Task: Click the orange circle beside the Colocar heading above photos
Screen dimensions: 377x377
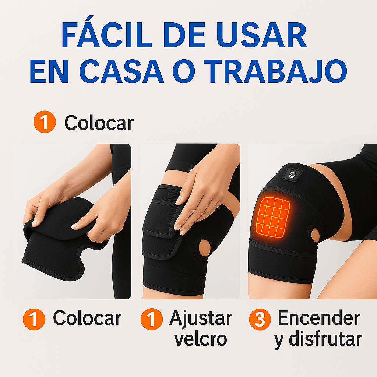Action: (x=44, y=123)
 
